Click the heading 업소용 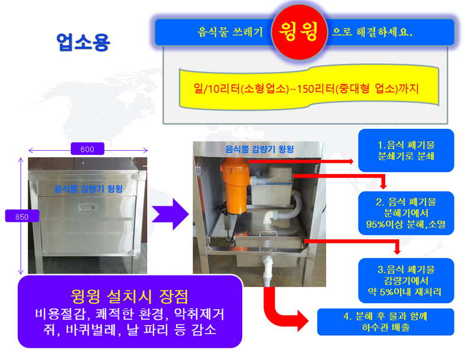tap(83, 42)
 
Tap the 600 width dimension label tap(87, 149)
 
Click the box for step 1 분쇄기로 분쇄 tap(406, 150)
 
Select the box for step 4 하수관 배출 tap(385, 322)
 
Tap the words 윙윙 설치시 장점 tap(130, 294)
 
